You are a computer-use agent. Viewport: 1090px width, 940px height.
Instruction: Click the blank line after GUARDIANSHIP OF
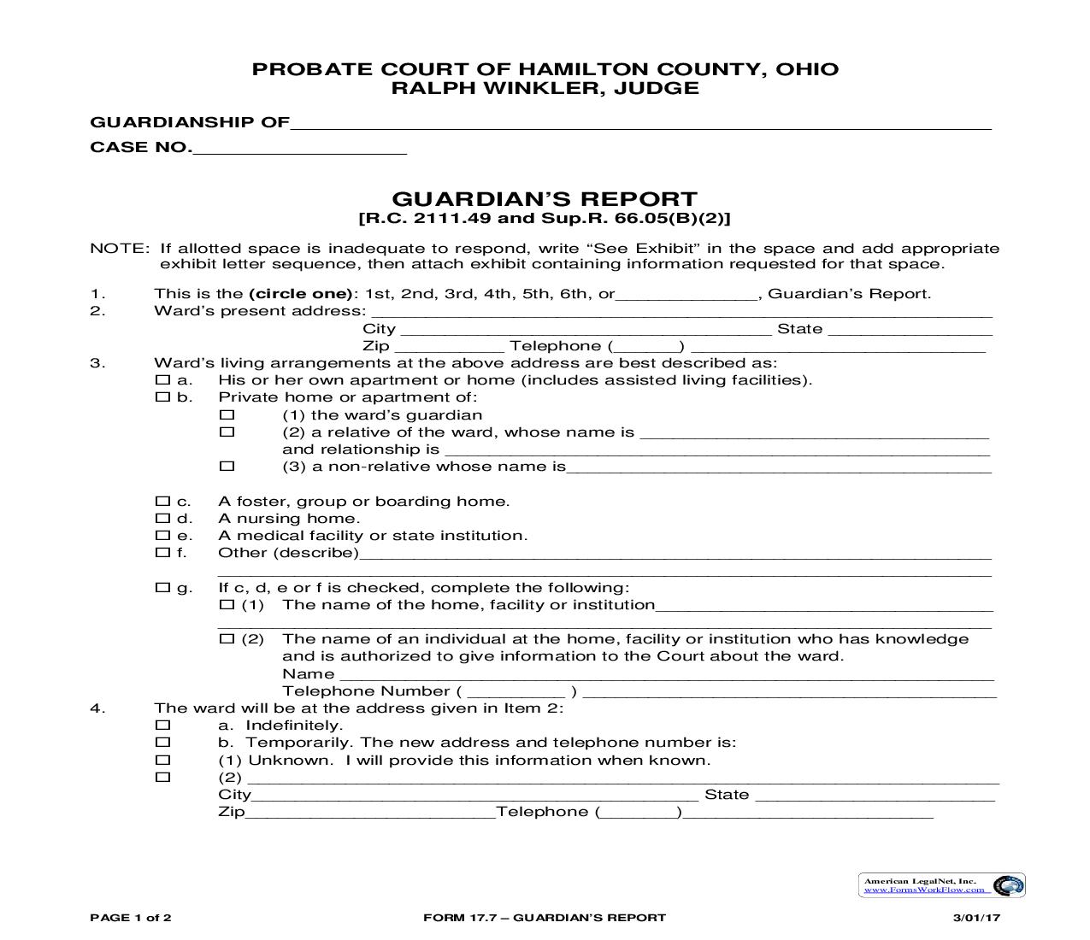coord(641,122)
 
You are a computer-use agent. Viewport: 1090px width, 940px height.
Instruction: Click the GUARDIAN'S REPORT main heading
coord(545,200)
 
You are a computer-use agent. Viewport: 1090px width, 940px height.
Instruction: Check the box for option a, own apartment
coord(162,379)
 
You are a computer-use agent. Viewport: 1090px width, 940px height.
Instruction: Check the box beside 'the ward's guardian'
coord(227,414)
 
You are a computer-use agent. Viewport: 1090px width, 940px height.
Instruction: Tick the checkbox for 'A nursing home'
coord(162,518)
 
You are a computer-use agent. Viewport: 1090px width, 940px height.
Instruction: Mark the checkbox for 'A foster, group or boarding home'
coord(162,501)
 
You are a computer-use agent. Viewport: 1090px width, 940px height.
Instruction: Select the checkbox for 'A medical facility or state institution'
coord(162,535)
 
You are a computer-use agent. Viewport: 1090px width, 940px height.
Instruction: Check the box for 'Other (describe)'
coord(162,552)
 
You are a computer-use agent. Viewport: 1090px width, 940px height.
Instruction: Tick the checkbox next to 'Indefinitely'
coord(162,725)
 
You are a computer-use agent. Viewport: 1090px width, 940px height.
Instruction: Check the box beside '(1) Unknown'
coord(162,760)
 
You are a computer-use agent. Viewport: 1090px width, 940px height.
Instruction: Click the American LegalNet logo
coord(1010,885)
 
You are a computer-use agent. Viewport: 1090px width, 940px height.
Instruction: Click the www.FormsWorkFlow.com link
coord(926,890)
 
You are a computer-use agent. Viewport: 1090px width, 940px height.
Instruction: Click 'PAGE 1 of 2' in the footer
coord(131,918)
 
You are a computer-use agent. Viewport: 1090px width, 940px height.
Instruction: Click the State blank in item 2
coord(910,330)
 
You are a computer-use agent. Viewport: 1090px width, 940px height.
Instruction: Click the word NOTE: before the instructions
coord(119,249)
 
